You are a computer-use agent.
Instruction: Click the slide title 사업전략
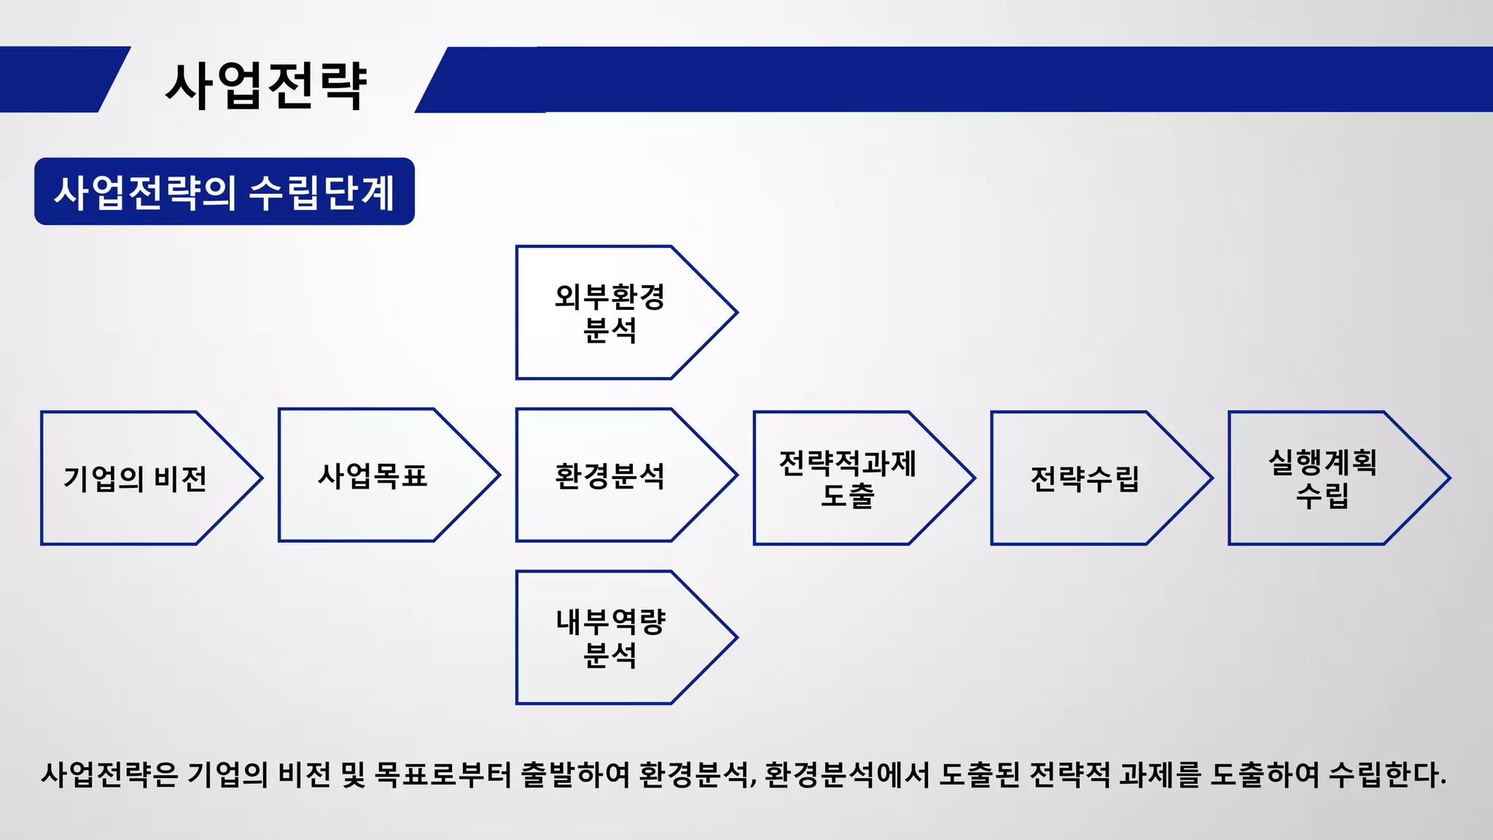pos(266,85)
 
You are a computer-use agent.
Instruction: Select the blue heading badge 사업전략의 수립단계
pos(225,192)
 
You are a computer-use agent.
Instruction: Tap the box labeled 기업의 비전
pos(136,478)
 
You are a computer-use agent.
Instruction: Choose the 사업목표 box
pos(373,475)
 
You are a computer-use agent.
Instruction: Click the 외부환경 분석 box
pos(609,313)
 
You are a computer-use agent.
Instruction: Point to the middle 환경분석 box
pos(609,475)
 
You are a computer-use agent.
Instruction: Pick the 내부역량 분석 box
pos(609,638)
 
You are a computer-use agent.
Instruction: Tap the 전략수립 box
pos(1085,478)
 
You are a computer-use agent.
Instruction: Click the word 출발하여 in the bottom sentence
pos(575,774)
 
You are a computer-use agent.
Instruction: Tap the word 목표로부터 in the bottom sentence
pos(443,774)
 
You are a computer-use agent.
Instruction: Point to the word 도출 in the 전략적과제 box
pos(847,496)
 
